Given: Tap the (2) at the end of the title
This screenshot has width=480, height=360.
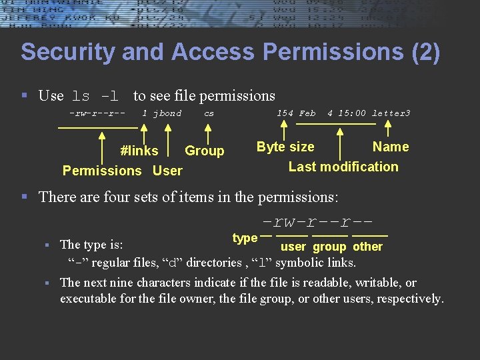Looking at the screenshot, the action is tap(426, 52).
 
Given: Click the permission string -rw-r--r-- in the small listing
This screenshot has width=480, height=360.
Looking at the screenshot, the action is tap(98, 113).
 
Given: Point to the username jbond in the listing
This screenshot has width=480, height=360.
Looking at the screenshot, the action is tap(167, 113).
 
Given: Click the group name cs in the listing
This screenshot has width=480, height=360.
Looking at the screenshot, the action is tap(209, 113).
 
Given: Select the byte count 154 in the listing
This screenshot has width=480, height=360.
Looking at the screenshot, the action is tap(285, 113).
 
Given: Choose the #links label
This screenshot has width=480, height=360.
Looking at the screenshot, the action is tap(139, 151).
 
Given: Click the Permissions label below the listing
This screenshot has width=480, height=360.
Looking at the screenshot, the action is tap(102, 171).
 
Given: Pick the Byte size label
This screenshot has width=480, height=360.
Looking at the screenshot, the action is tap(285, 147).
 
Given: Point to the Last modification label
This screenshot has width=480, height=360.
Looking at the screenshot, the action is tap(343, 167).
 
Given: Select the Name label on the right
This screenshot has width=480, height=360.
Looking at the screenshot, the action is tap(391, 147).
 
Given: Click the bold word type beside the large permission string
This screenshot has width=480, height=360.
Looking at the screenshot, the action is tap(245, 238).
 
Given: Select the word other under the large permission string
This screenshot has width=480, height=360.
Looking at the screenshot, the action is tap(368, 247).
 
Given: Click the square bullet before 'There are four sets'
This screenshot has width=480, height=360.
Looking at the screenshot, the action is tap(24, 197).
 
